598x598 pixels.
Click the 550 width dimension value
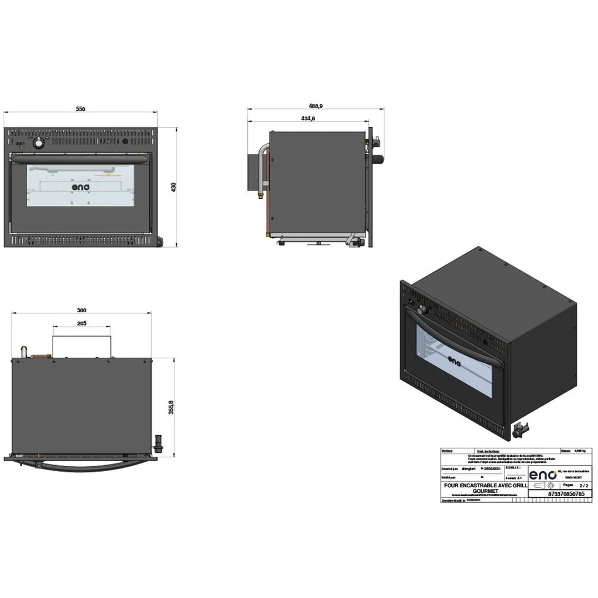[x=81, y=109]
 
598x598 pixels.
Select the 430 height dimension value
[x=173, y=187]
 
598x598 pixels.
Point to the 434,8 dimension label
[x=308, y=118]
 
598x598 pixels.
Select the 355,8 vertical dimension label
[x=172, y=407]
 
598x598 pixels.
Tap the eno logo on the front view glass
[x=81, y=187]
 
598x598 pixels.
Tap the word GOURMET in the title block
[x=483, y=491]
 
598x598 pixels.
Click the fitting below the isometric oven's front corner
[x=520, y=428]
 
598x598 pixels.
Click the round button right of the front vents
[x=125, y=142]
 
